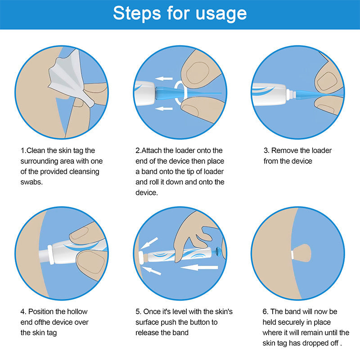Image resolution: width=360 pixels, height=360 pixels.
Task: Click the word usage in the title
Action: click(220, 13)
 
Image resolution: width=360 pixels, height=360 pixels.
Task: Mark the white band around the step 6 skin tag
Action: click(293, 255)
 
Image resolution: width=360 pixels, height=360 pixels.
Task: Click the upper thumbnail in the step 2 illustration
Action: click(197, 72)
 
